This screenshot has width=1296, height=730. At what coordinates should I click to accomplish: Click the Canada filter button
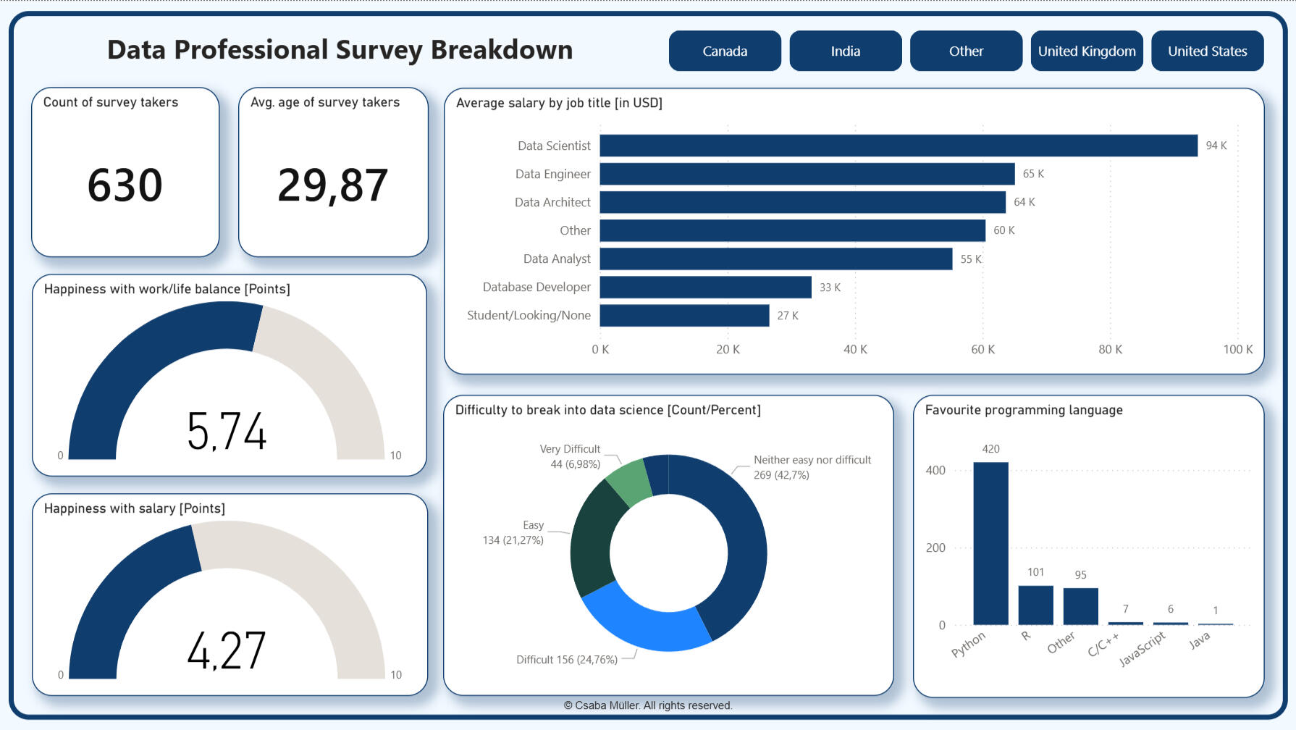tap(725, 51)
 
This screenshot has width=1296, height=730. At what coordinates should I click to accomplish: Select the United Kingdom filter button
tap(1086, 51)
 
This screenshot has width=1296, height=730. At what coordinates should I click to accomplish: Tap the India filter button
tap(845, 51)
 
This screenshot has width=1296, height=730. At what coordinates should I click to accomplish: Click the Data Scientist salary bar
tap(898, 146)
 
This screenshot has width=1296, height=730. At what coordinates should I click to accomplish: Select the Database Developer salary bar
tap(705, 288)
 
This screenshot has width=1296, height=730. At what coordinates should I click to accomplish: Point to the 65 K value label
tap(1033, 174)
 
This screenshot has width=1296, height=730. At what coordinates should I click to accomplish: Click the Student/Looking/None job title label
tap(529, 316)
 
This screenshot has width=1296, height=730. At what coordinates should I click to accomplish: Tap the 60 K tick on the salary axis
tap(982, 350)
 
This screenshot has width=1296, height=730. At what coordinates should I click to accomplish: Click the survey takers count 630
tap(125, 185)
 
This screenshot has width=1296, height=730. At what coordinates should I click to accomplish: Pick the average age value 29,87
tap(332, 185)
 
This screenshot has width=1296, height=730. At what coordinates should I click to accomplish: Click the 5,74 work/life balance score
tap(227, 432)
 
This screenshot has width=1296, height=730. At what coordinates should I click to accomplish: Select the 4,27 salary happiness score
tap(227, 650)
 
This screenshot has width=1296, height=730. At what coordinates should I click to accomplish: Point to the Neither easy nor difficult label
tap(812, 460)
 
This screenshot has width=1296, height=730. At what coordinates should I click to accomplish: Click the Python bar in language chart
tap(990, 543)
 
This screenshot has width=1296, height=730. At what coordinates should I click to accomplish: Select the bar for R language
tap(1035, 605)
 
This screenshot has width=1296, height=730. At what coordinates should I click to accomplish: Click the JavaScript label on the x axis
tap(1142, 649)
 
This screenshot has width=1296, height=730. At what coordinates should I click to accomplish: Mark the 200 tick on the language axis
tap(935, 548)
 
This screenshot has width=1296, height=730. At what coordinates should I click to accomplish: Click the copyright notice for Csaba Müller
tap(648, 705)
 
